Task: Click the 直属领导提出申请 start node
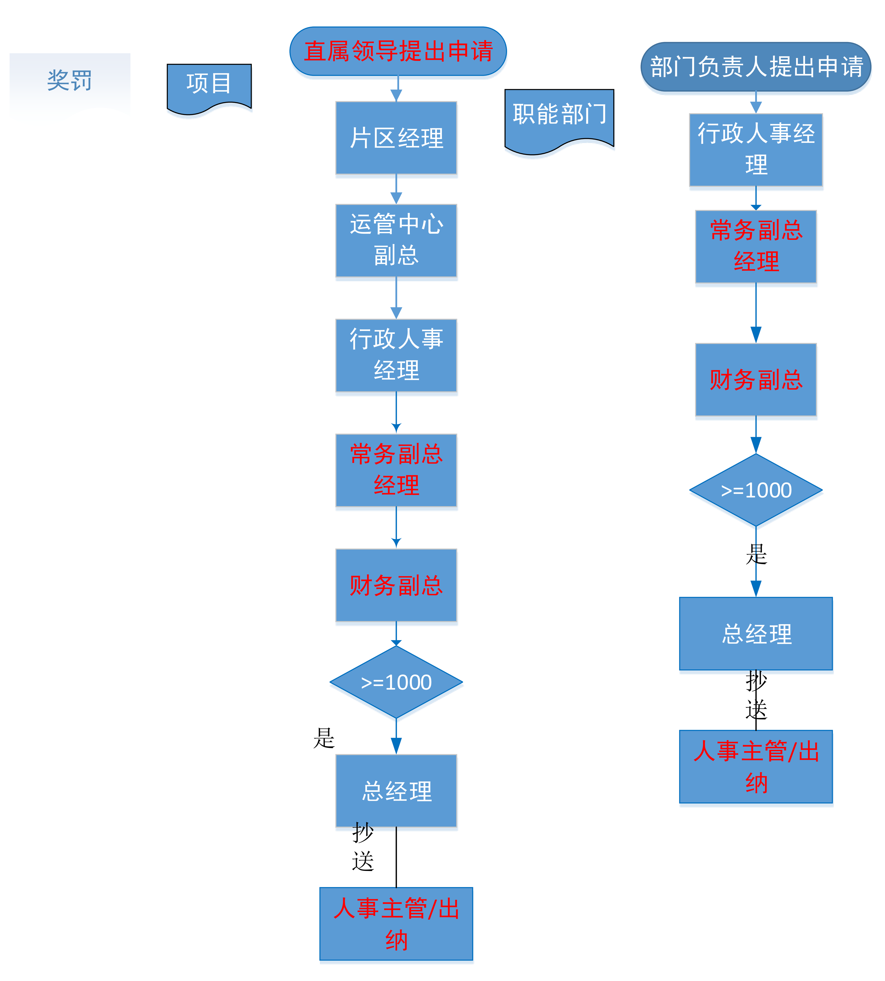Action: pos(398,51)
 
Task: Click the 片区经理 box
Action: pos(396,138)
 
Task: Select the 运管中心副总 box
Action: pos(396,240)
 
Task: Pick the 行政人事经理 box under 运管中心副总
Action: pos(396,355)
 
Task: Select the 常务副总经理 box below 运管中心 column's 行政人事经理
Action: pos(396,470)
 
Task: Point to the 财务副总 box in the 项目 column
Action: pos(396,585)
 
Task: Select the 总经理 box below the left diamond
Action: pos(396,791)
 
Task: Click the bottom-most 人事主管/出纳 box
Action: pos(396,924)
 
